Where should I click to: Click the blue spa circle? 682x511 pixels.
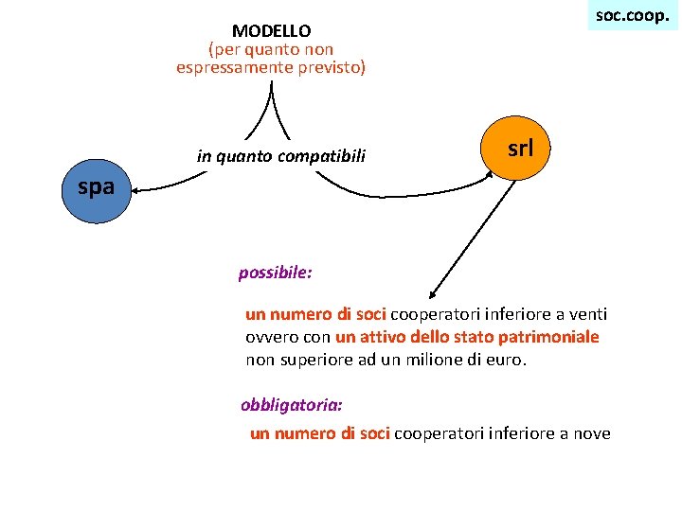tap(95, 189)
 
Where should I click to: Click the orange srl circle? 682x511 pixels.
tap(519, 149)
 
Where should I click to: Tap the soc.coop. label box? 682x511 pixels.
tap(632, 15)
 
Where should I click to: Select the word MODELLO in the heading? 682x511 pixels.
tap(271, 31)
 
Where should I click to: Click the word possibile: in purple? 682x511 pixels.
tap(276, 273)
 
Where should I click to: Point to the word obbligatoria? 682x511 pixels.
tap(292, 404)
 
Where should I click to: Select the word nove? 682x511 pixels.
tap(590, 433)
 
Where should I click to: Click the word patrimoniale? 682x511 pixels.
tap(554, 337)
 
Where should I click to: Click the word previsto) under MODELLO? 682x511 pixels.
tap(328, 67)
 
